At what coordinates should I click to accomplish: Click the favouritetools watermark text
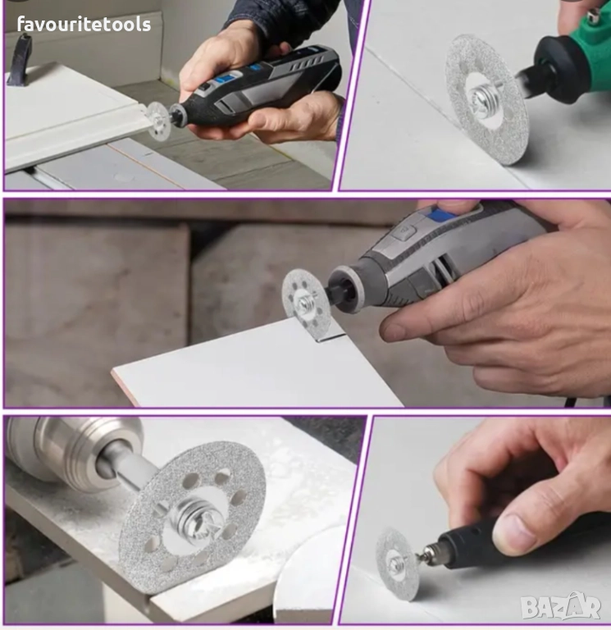pyautogui.click(x=84, y=25)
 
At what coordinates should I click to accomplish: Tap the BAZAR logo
pyautogui.click(x=561, y=606)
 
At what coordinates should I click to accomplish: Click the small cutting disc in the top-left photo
pyautogui.click(x=158, y=121)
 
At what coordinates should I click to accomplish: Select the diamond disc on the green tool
pyautogui.click(x=486, y=99)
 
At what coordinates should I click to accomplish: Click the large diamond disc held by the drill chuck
pyautogui.click(x=194, y=515)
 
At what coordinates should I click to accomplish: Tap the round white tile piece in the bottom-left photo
pyautogui.click(x=305, y=577)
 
